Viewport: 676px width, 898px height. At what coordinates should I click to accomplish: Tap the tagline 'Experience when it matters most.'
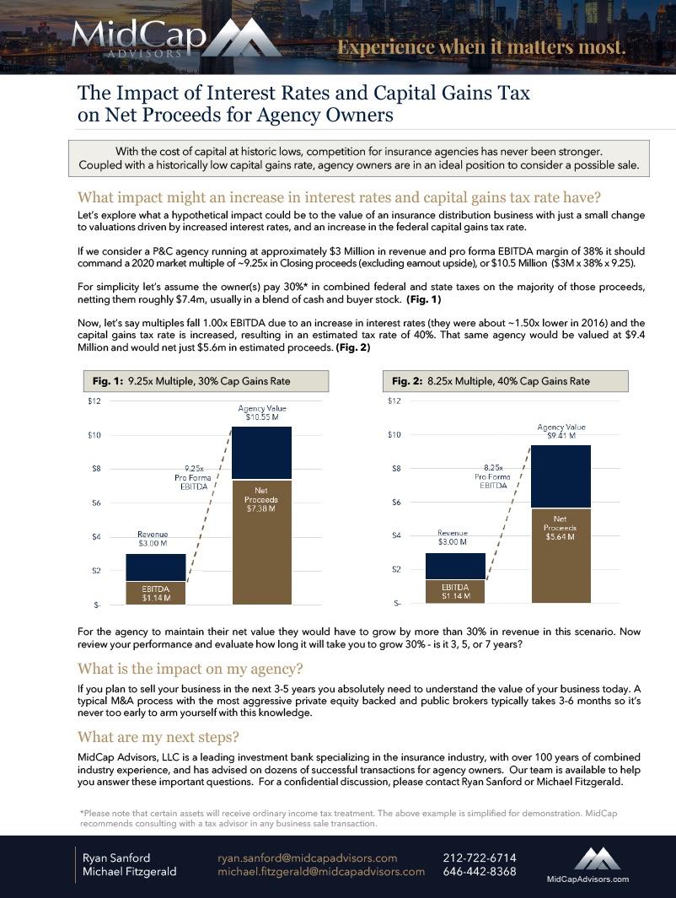(x=482, y=46)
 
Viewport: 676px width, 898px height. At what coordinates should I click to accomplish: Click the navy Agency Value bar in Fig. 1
(x=261, y=453)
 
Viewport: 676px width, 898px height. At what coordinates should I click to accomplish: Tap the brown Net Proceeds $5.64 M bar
(x=561, y=556)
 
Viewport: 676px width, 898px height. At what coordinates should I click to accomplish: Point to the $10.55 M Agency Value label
(x=261, y=413)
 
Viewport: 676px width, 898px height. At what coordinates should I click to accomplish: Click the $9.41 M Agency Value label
(x=561, y=432)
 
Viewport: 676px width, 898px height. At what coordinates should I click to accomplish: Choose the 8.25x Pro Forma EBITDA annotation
(x=493, y=476)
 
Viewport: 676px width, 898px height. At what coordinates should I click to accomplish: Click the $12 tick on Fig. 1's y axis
(x=94, y=401)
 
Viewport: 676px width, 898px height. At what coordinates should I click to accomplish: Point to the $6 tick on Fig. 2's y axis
(x=394, y=503)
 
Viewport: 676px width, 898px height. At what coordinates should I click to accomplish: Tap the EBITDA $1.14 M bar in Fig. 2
(x=455, y=591)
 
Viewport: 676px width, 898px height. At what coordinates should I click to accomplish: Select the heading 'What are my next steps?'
(x=158, y=737)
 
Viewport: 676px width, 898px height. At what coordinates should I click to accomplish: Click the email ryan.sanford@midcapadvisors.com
(x=308, y=858)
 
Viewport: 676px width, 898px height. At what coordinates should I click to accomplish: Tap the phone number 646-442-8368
(x=479, y=872)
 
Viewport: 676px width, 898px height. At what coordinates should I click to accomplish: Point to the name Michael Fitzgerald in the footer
(x=129, y=872)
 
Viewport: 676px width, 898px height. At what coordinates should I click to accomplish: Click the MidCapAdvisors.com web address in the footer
(x=587, y=879)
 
